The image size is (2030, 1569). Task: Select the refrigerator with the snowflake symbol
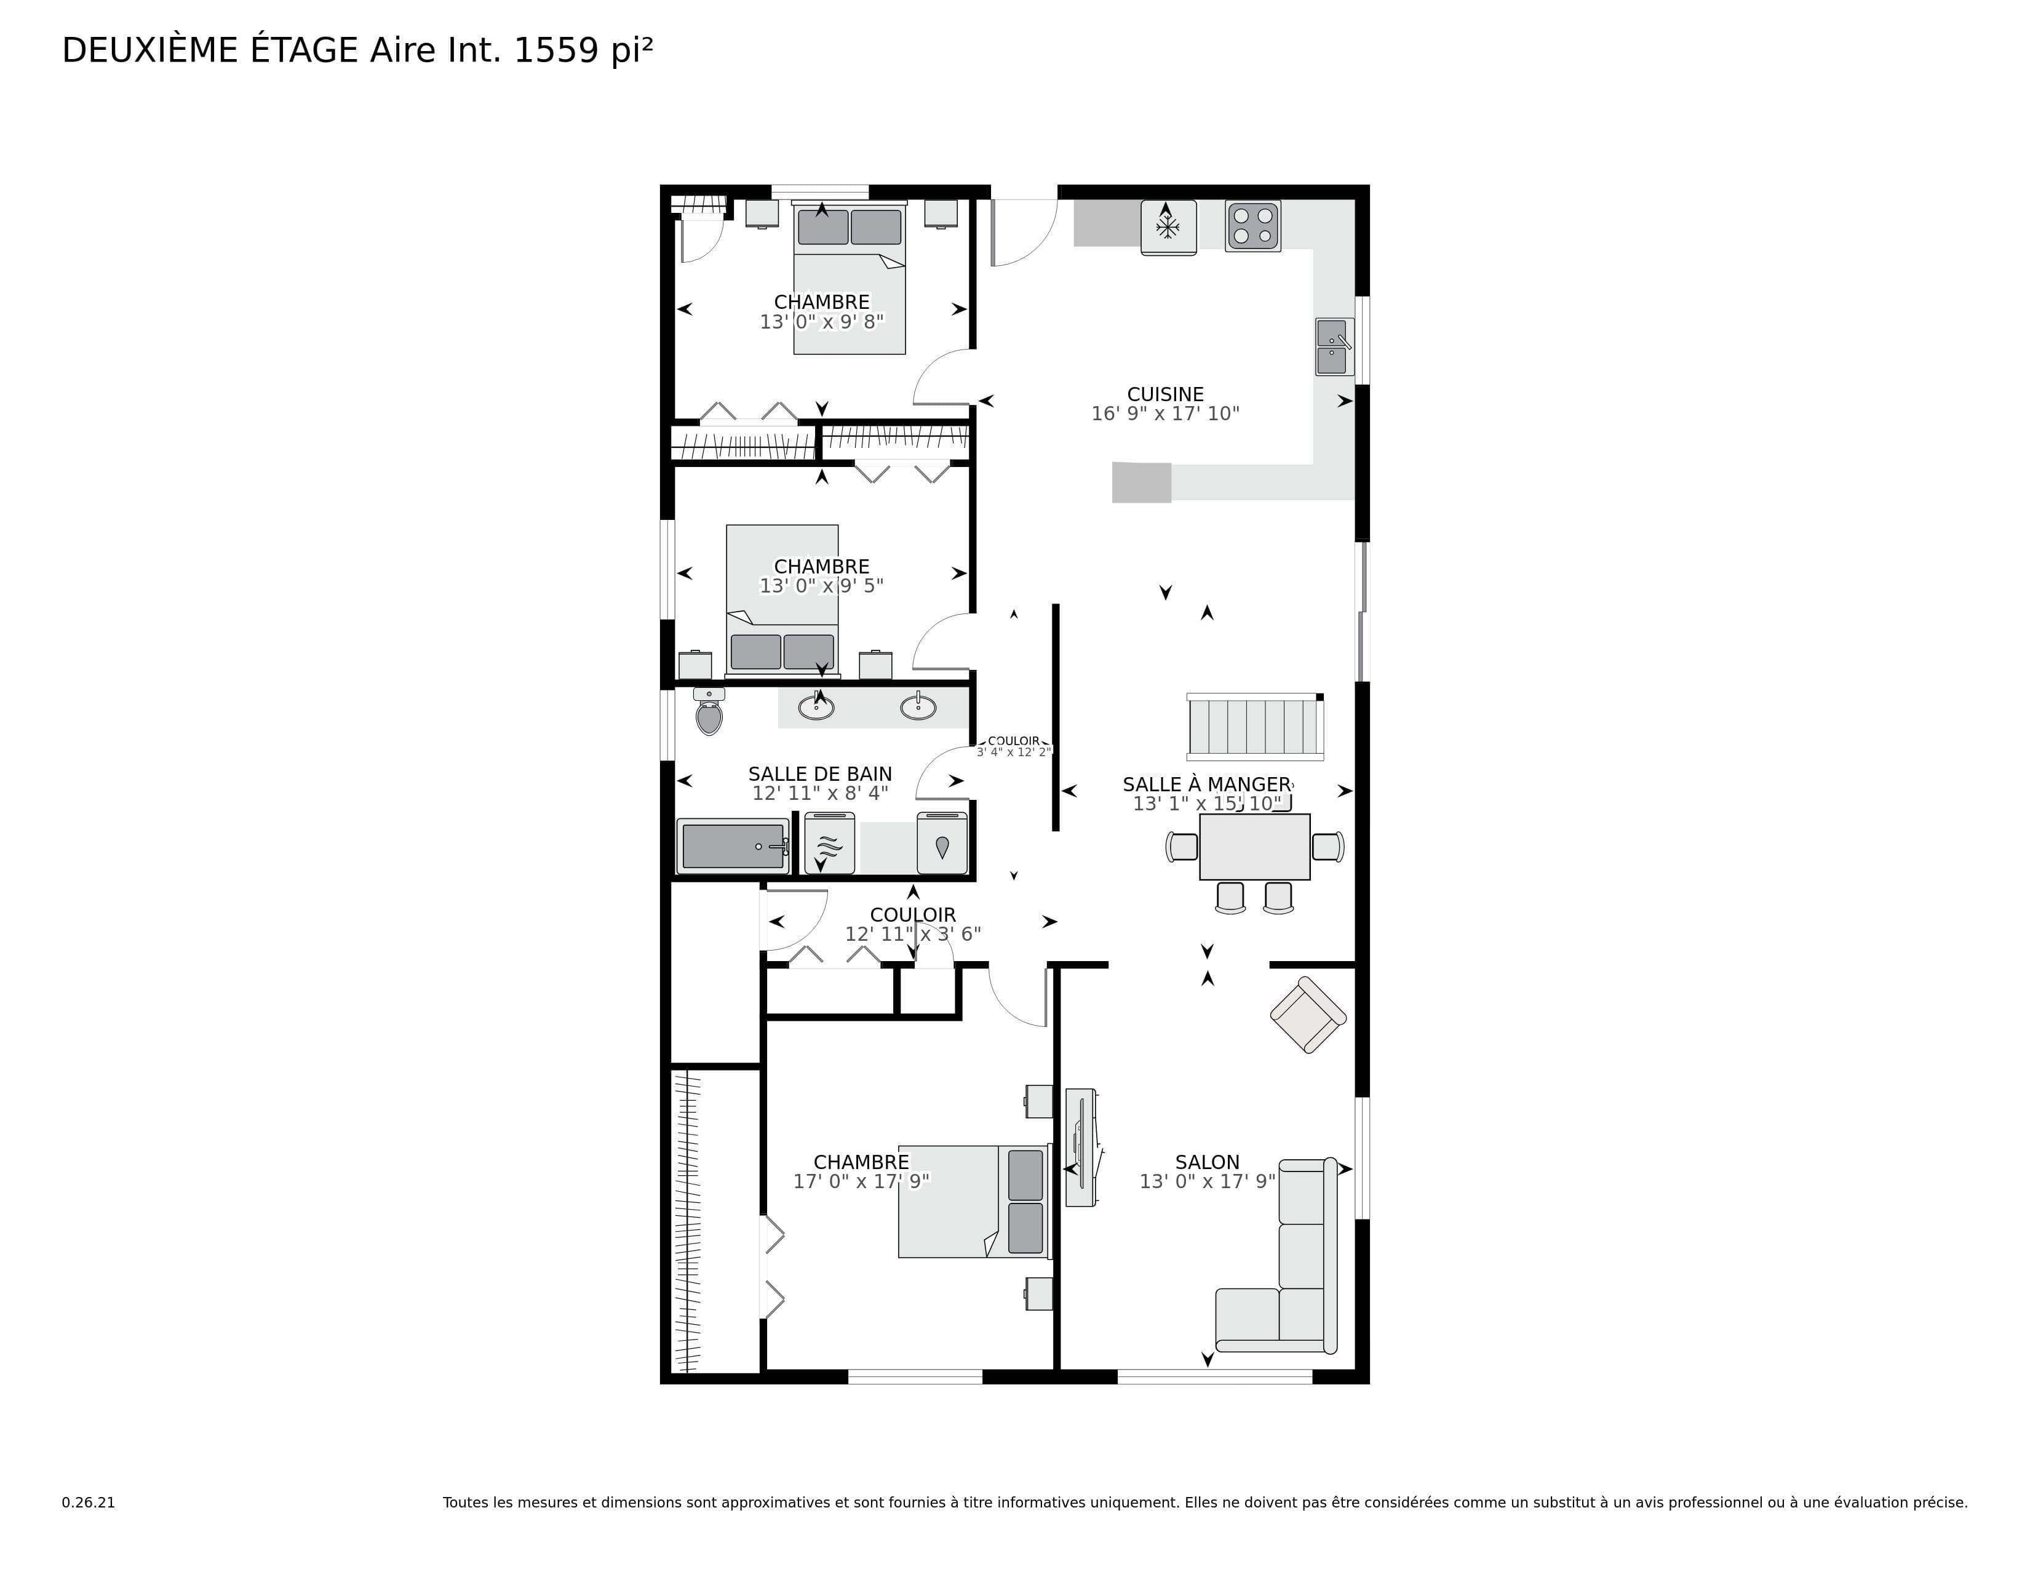(1168, 227)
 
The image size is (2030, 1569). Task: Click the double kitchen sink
(1333, 346)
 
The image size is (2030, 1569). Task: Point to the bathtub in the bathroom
(733, 846)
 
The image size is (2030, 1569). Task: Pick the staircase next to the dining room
(1255, 725)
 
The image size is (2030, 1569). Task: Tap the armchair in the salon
(1308, 1015)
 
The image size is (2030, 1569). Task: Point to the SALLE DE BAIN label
(820, 774)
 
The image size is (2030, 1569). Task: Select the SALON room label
(1208, 1162)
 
